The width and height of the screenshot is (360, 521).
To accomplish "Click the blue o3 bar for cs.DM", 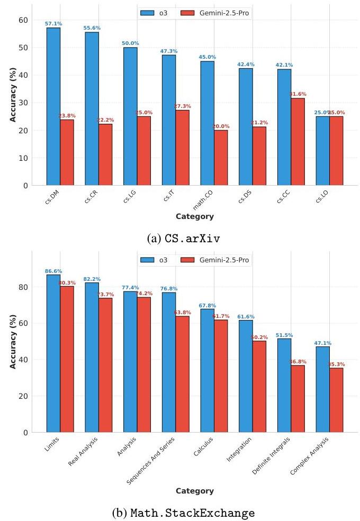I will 53,106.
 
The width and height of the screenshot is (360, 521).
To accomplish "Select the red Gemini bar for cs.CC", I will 298,142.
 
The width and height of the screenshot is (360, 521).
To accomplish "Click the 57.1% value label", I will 53,24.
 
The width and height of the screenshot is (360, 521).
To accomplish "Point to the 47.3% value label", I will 169,51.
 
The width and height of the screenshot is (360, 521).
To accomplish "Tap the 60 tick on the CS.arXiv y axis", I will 23,20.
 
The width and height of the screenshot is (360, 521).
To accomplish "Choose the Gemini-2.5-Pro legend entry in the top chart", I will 215,12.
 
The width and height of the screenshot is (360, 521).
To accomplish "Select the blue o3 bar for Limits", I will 53,353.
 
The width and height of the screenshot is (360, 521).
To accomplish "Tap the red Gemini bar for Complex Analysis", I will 336,400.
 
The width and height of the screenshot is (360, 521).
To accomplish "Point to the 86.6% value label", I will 53,271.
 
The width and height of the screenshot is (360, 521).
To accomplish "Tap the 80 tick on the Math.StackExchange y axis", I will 23,287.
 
